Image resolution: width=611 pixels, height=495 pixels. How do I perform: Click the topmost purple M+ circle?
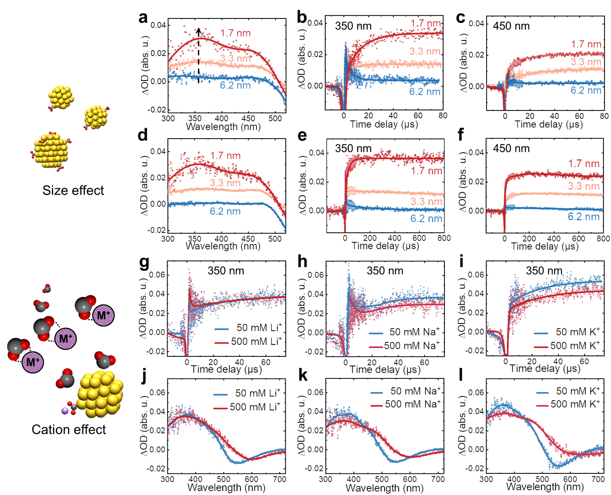pyautogui.click(x=104, y=315)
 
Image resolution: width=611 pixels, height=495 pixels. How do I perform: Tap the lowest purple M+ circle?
pyautogui.click(x=33, y=362)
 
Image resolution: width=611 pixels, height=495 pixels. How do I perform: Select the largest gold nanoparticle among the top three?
pyautogui.click(x=51, y=150)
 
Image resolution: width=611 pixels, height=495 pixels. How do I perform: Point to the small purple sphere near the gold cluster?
pyautogui.click(x=65, y=411)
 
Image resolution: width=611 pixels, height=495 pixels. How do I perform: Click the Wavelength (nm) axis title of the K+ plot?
pyautogui.click(x=545, y=487)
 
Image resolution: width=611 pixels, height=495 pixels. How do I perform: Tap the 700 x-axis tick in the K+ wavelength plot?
pyautogui.click(x=598, y=479)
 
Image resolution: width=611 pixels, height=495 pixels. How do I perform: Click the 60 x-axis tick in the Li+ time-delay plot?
pyautogui.click(x=266, y=362)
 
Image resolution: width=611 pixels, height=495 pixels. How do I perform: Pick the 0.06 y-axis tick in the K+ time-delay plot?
pyautogui.click(x=476, y=275)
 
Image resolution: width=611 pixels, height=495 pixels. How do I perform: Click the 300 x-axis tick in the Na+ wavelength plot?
pyautogui.click(x=326, y=479)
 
